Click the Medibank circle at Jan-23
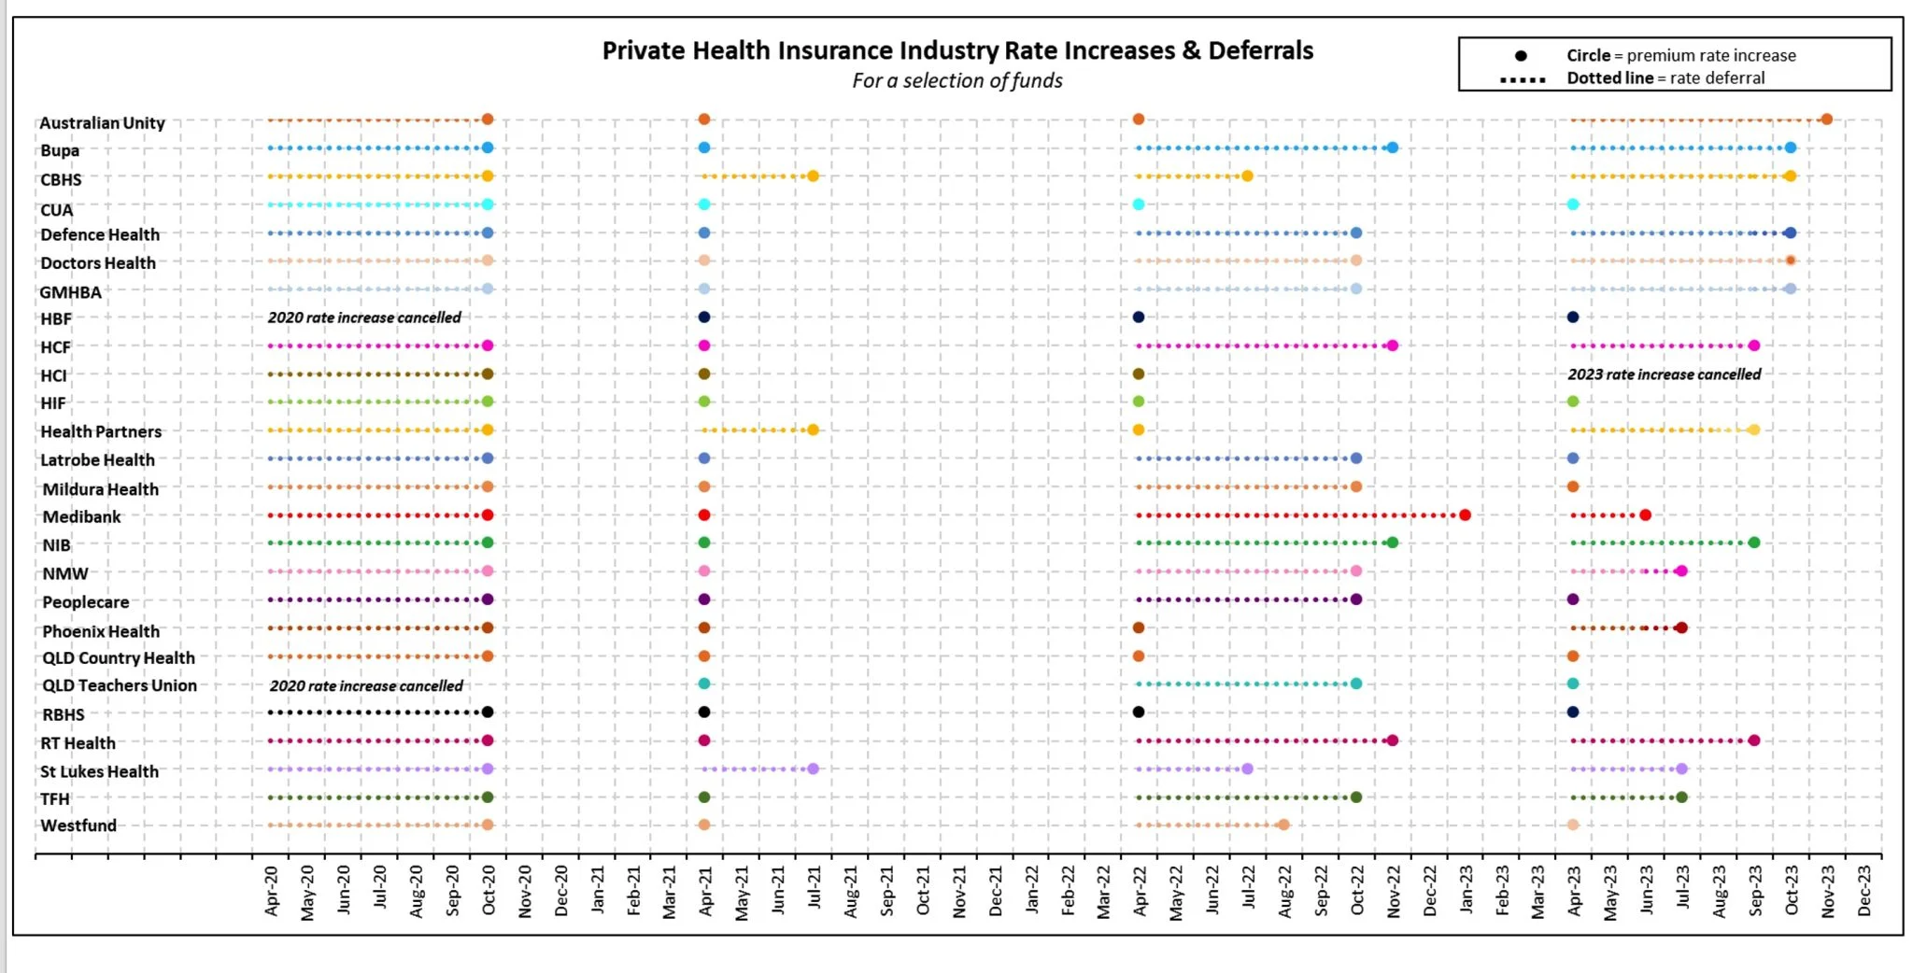[x=1465, y=515]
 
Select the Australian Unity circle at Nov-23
[x=1826, y=120]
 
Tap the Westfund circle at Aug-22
[x=1283, y=825]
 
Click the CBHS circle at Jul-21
[x=813, y=176]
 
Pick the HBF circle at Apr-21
[x=704, y=317]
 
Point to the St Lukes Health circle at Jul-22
[x=1247, y=769]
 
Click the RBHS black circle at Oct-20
[x=487, y=712]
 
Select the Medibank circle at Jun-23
[x=1645, y=515]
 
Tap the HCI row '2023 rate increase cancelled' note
[x=1664, y=374]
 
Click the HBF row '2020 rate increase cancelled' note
[x=364, y=317]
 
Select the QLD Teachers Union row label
[x=120, y=685]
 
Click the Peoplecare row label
[x=86, y=602]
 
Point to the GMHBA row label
[x=71, y=292]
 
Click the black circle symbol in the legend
[x=1521, y=56]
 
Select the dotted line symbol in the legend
[x=1523, y=79]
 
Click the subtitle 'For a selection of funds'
[x=956, y=81]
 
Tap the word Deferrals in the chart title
[x=1260, y=50]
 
